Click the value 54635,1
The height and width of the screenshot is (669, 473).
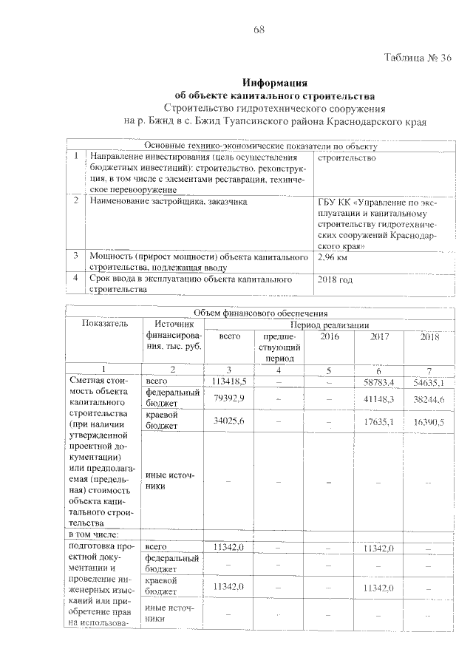tap(429, 382)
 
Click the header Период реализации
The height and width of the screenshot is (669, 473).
tap(329, 325)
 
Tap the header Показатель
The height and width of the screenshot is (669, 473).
tap(104, 324)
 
